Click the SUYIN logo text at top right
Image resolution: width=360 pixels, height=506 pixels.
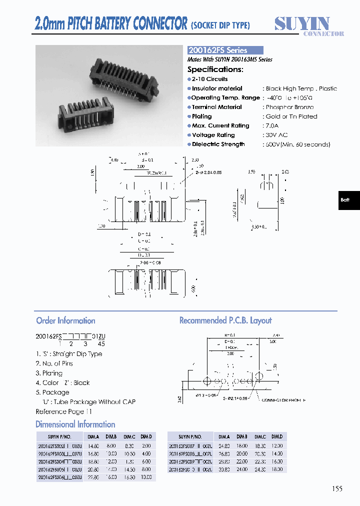coord(302,23)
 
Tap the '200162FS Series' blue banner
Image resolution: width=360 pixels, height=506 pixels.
coord(225,50)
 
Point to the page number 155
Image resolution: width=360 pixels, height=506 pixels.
coord(337,488)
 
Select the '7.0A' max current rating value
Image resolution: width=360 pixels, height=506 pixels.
coord(273,125)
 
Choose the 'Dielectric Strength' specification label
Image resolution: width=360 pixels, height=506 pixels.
coord(218,144)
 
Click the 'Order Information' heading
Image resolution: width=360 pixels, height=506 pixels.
coord(65,320)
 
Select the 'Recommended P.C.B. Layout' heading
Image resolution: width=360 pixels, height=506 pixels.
coord(225,320)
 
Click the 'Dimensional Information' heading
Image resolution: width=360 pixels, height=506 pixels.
coord(75,424)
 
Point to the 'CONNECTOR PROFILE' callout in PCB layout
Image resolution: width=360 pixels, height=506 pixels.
coord(284,400)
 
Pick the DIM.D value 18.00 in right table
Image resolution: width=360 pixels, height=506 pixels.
coord(276,469)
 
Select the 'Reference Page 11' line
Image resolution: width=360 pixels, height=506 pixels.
coord(64,411)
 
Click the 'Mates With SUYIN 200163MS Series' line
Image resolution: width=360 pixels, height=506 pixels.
coord(230,59)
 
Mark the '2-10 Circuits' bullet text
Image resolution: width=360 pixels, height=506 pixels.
coord(209,79)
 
